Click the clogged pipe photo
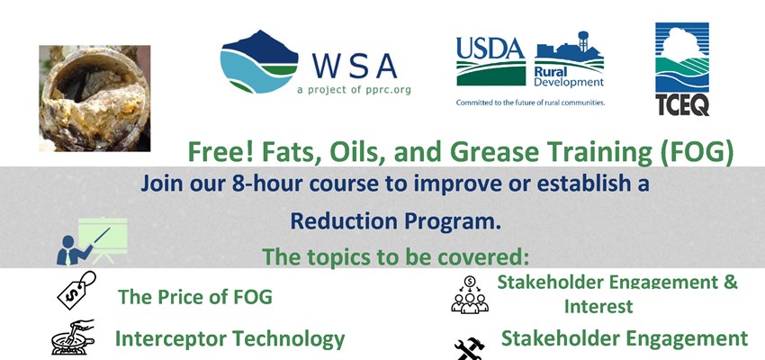[x=94, y=98]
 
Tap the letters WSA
[x=355, y=66]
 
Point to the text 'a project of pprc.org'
[x=354, y=91]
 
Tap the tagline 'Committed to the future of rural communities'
[x=530, y=103]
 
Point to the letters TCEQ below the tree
[x=681, y=104]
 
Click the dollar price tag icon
[x=76, y=290]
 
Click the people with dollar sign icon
[x=469, y=294]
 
